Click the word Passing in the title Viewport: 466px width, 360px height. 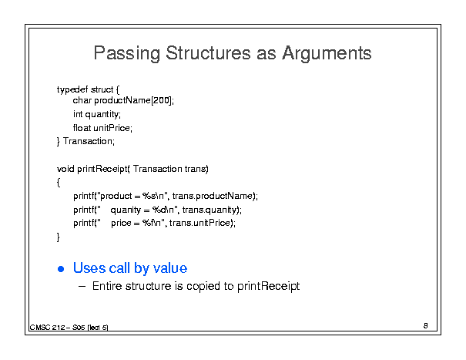127,53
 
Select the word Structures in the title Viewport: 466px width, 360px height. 208,52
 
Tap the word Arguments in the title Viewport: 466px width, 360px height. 327,53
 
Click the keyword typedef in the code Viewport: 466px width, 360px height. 72,89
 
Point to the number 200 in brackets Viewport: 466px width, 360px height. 162,100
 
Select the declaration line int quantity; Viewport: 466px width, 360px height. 97,114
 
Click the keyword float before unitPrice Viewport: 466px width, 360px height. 82,128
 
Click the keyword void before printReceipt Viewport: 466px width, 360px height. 65,169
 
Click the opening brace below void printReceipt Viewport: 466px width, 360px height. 59,183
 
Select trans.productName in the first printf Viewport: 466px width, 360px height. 213,196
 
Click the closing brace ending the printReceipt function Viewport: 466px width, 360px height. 59,237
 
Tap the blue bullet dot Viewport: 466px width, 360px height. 61,269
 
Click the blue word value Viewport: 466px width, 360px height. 170,267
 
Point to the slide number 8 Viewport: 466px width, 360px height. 426,326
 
